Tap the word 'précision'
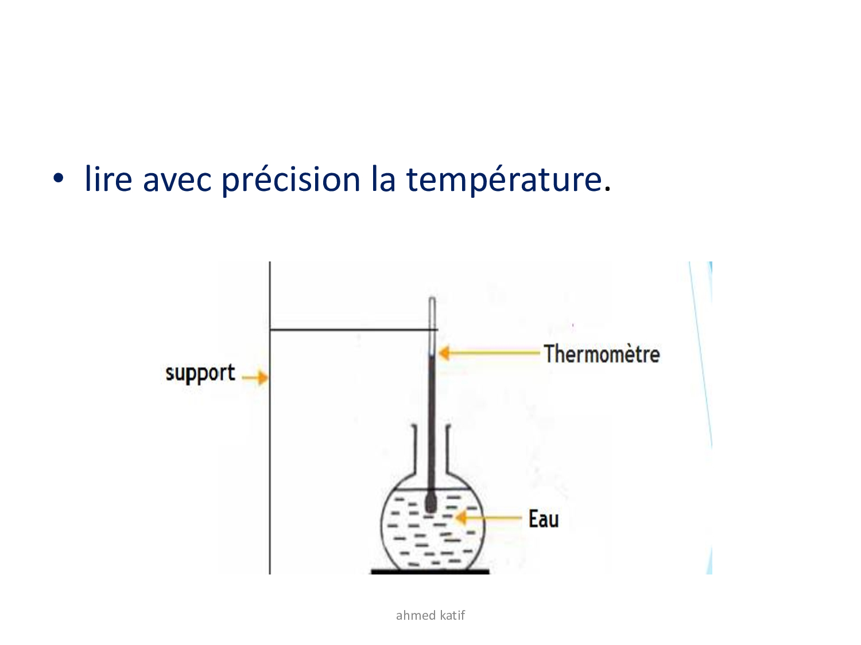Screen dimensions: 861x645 tap(290, 180)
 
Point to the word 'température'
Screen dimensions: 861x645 tap(504, 180)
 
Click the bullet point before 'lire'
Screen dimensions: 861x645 tap(58, 178)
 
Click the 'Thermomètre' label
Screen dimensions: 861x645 tap(602, 354)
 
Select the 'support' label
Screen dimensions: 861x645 tap(200, 373)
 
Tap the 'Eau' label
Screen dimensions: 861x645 tap(543, 518)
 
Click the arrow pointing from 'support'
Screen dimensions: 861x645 tap(255, 377)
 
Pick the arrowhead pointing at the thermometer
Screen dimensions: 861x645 tap(444, 353)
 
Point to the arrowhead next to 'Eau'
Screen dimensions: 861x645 tap(460, 518)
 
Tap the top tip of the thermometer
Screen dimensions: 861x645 tap(432, 298)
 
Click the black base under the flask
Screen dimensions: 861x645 tap(430, 572)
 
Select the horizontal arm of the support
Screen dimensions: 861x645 tap(354, 330)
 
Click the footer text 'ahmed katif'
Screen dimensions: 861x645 tap(430, 616)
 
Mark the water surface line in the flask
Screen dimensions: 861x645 tap(432, 489)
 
